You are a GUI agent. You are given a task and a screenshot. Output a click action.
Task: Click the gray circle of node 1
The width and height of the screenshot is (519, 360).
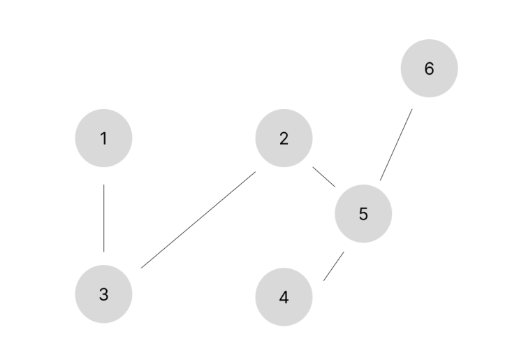(x=103, y=138)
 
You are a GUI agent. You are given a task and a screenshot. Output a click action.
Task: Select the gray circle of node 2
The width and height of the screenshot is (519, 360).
(x=284, y=138)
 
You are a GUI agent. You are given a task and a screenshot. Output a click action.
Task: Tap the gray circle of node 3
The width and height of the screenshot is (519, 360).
(x=103, y=294)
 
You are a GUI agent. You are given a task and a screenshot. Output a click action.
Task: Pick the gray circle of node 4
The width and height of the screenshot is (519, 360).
(x=284, y=297)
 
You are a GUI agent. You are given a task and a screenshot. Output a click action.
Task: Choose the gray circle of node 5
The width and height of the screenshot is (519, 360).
(x=363, y=214)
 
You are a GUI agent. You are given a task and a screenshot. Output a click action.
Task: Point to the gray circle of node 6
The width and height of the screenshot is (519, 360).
(x=430, y=69)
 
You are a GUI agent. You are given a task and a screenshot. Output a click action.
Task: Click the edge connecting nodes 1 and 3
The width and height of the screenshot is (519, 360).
(x=104, y=218)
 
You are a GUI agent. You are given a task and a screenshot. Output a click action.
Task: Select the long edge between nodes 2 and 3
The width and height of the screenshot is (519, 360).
(x=198, y=219)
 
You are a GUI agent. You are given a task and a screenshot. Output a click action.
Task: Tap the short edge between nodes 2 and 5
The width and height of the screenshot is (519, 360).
(x=323, y=177)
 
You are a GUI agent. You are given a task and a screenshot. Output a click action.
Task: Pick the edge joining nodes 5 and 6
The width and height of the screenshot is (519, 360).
(x=396, y=145)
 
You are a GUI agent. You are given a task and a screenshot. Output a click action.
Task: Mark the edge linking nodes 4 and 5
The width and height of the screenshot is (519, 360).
(x=334, y=266)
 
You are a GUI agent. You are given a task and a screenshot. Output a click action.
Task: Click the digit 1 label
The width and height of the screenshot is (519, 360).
(x=104, y=138)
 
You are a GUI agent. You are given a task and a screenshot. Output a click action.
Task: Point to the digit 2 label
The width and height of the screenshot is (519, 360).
(x=284, y=138)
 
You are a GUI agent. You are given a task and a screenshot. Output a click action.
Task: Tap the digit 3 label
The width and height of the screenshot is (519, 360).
(x=103, y=294)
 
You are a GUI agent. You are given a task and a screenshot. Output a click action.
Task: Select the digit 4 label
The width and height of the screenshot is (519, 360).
(x=284, y=297)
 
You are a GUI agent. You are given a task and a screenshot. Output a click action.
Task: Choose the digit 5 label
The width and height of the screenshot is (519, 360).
(x=363, y=214)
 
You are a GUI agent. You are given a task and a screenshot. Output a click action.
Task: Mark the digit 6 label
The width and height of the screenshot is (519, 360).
(x=430, y=69)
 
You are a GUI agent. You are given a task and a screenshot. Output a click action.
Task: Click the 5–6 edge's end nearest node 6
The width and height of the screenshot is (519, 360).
(x=412, y=109)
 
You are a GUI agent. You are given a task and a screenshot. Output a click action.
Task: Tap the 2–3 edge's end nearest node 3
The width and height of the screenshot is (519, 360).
(x=141, y=268)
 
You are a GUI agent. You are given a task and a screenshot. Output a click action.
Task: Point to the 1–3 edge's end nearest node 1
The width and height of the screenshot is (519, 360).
(x=104, y=185)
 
